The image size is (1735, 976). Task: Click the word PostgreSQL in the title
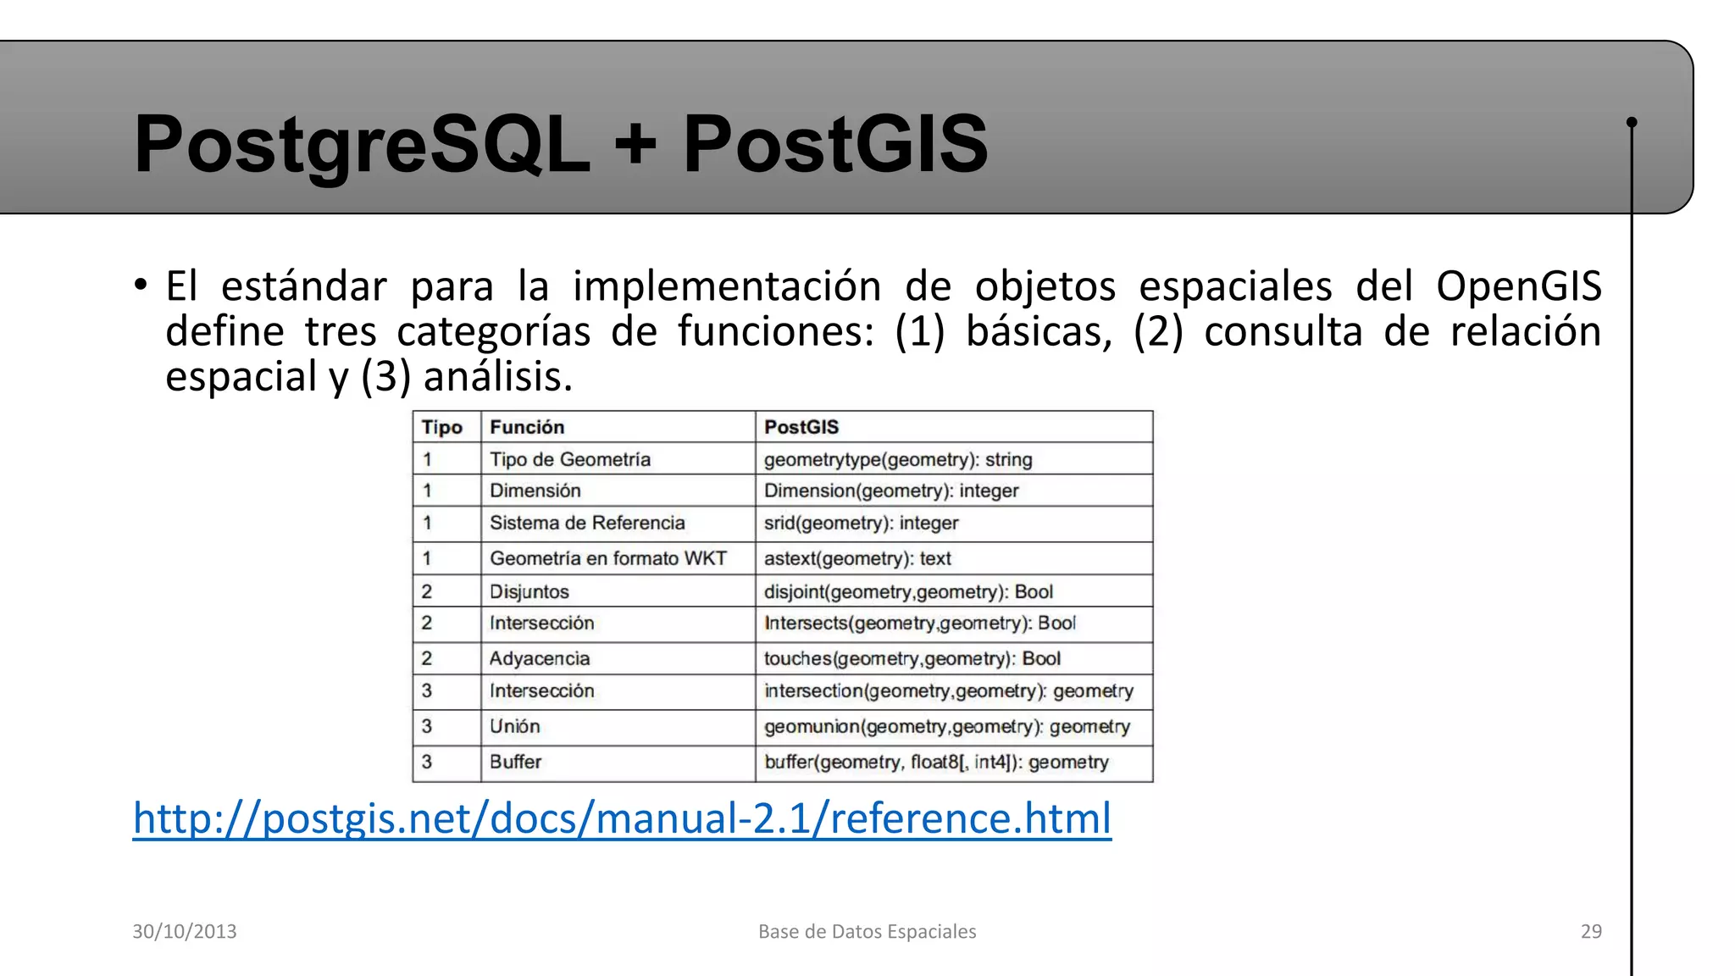coord(362,144)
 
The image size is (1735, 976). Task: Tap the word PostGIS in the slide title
coord(834,144)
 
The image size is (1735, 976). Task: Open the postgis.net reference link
coord(622,818)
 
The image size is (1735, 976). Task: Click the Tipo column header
coord(442,427)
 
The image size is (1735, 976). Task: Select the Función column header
coord(527,427)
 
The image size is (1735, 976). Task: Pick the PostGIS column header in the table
coord(801,427)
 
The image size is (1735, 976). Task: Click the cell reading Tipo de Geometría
coord(570,459)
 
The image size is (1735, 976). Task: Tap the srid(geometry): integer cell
coord(861,523)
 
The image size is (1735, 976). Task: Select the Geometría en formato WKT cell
coord(608,558)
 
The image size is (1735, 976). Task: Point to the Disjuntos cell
coord(529,591)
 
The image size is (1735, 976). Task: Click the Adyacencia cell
coord(540,658)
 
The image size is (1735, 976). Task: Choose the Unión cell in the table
coord(514,726)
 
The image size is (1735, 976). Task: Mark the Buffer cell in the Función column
coord(515,762)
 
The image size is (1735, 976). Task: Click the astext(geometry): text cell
coord(857,558)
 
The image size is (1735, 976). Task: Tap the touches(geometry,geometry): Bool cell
coord(912,658)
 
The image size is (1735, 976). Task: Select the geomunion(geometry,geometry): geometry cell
coord(946,726)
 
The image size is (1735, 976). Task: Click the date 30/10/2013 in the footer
coord(185,931)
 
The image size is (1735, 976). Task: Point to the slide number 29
coord(1591,931)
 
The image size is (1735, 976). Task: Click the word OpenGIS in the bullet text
coord(1518,286)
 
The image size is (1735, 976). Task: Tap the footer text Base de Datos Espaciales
coord(867,931)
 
